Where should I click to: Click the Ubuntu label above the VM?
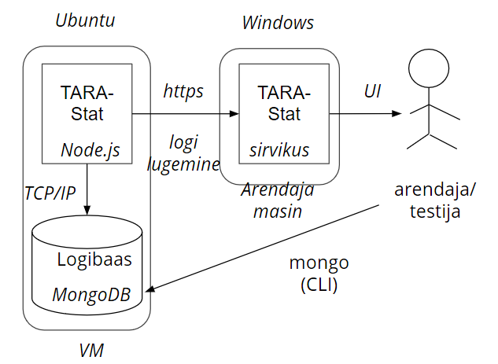tap(85, 20)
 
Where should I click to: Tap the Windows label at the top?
tap(277, 23)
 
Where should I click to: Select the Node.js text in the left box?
tap(91, 149)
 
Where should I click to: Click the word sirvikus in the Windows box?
tap(279, 149)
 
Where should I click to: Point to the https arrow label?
tap(183, 92)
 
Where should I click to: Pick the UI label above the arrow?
tap(372, 91)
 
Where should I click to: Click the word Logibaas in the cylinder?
tap(94, 259)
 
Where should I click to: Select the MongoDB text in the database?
tap(91, 295)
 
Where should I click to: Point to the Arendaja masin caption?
tap(277, 200)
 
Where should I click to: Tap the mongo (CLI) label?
tap(319, 274)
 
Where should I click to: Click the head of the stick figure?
tap(428, 70)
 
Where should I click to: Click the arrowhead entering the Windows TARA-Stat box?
tap(233, 114)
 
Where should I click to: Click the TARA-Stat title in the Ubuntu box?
tap(87, 103)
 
